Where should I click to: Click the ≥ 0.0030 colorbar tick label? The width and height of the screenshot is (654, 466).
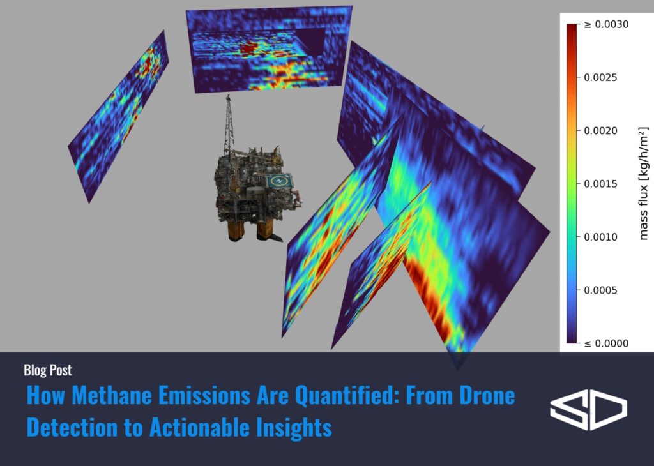tap(606, 25)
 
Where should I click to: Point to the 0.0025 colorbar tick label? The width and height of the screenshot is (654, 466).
tap(600, 77)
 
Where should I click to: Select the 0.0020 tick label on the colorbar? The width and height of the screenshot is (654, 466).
tap(600, 131)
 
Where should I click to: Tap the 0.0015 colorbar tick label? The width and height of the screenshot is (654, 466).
tap(600, 184)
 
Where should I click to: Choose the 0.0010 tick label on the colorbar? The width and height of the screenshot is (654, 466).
tap(600, 237)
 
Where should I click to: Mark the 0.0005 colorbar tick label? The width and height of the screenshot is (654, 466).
tap(600, 290)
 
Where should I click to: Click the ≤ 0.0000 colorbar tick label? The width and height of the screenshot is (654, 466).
tap(606, 343)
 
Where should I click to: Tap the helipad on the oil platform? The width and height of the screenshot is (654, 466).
tap(279, 181)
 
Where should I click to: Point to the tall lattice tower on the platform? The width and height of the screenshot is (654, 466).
tap(228, 124)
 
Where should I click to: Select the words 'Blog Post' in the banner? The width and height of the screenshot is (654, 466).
tap(47, 370)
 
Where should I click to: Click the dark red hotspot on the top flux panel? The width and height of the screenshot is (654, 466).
tap(248, 49)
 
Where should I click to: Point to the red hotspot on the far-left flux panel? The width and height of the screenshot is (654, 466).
tap(149, 63)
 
